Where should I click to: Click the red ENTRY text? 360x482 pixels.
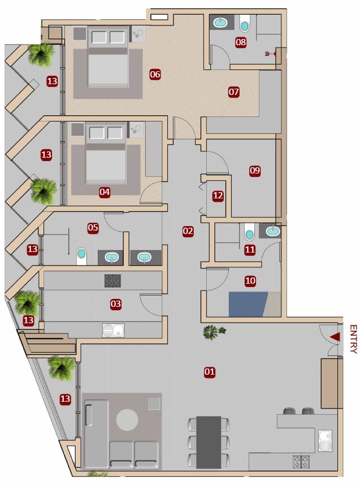pyautogui.click(x=353, y=339)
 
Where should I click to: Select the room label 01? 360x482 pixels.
pyautogui.click(x=210, y=372)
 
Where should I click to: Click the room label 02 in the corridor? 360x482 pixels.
pyautogui.click(x=188, y=231)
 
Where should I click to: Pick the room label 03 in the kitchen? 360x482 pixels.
pyautogui.click(x=116, y=304)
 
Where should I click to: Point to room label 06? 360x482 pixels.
pyautogui.click(x=155, y=74)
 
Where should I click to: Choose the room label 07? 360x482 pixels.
pyautogui.click(x=233, y=92)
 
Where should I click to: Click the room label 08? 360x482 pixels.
pyautogui.click(x=241, y=42)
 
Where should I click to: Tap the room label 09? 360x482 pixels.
pyautogui.click(x=255, y=170)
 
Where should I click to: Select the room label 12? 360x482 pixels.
pyautogui.click(x=218, y=196)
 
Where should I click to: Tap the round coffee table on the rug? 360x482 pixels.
pyautogui.click(x=127, y=420)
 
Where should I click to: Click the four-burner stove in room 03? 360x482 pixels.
pyautogui.click(x=112, y=281)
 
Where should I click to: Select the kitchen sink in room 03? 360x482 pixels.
pyautogui.click(x=114, y=330)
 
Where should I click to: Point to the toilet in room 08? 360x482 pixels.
pyautogui.click(x=245, y=23)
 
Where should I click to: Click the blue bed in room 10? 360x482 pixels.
pyautogui.click(x=248, y=304)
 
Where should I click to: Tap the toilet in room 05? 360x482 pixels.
pyautogui.click(x=81, y=256)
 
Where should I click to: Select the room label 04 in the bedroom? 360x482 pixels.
pyautogui.click(x=105, y=192)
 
